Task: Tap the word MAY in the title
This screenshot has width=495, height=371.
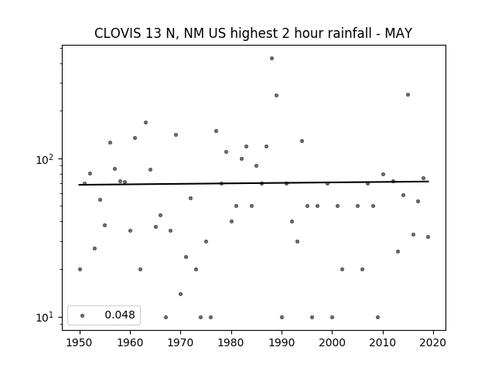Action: coord(398,33)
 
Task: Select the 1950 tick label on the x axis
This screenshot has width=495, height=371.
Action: coord(80,342)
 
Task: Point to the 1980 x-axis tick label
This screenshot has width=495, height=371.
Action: coord(231,342)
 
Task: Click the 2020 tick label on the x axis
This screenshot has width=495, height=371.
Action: coord(433,342)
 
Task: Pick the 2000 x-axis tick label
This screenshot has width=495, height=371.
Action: coord(332,342)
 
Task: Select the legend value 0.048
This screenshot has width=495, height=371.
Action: coord(120,315)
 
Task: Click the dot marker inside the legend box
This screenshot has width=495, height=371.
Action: coord(83,315)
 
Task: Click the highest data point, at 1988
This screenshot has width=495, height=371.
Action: coord(271,59)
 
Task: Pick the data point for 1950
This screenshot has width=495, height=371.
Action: coord(80,269)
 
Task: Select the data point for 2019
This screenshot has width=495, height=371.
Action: coord(428,237)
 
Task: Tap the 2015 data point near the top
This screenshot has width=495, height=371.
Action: coord(408,94)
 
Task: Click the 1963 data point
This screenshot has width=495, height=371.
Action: coord(145,122)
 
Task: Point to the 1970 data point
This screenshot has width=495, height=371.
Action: coord(180,294)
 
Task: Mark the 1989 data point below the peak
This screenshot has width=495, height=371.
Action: coord(277,95)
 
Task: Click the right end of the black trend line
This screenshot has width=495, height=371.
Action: coord(428,182)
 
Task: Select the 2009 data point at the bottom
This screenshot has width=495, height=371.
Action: coord(378,317)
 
